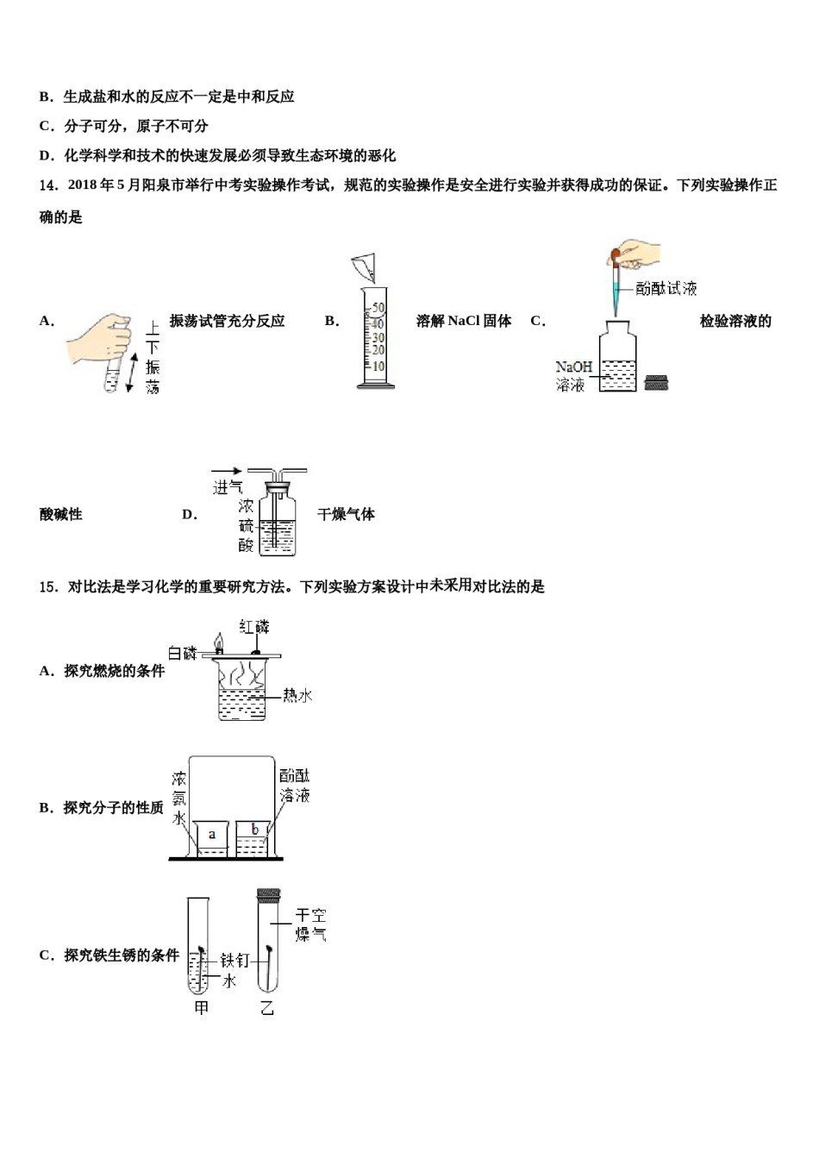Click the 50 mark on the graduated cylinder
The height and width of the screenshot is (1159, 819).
[378, 308]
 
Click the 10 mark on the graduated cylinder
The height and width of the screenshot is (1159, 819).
[378, 366]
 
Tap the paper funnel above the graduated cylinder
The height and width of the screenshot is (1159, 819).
[366, 268]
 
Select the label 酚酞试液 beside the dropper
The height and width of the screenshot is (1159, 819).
[666, 288]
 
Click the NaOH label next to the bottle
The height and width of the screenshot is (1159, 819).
[573, 367]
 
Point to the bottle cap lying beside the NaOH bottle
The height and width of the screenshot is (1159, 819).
[657, 382]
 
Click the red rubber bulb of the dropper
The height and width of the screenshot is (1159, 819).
[616, 254]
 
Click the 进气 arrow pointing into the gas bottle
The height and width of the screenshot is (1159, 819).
[227, 472]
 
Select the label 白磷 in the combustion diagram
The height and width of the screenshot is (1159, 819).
[183, 653]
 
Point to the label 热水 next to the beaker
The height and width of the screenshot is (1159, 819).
[297, 695]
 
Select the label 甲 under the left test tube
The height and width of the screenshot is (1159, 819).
[201, 1007]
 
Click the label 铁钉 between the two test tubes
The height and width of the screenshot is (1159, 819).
[234, 960]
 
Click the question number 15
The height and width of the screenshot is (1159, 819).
[48, 587]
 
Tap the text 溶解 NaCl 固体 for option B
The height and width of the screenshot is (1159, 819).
[464, 321]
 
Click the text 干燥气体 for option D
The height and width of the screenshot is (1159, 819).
[347, 515]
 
